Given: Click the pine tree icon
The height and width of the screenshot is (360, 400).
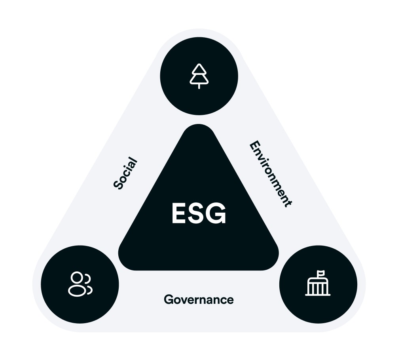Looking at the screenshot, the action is click(199, 76).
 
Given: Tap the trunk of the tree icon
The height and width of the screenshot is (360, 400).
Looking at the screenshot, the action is click(199, 86).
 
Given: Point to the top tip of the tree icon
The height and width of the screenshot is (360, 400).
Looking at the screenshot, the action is click(199, 65).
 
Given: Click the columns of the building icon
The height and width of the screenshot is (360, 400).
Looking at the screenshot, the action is click(318, 289).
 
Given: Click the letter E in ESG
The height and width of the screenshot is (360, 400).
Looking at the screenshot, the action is click(178, 214).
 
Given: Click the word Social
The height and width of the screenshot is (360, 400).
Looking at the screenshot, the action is click(125, 173).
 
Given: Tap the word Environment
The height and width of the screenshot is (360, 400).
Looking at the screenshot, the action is click(271, 173).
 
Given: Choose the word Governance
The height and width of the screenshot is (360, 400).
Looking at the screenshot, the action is click(199, 300).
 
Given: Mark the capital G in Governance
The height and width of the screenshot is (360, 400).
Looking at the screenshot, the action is click(168, 300).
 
